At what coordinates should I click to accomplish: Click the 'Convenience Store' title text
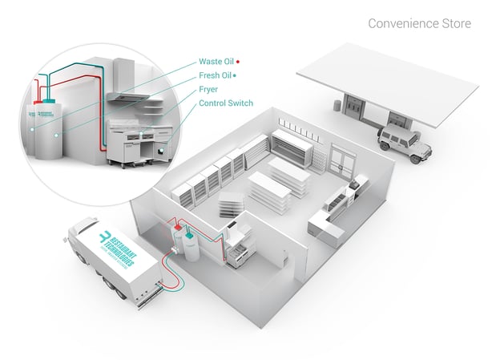click(419, 23)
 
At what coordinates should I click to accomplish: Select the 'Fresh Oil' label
click(216, 75)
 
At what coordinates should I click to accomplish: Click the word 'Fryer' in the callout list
click(210, 89)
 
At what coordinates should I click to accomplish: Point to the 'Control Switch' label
click(226, 103)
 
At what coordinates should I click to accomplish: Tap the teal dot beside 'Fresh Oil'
click(235, 75)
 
